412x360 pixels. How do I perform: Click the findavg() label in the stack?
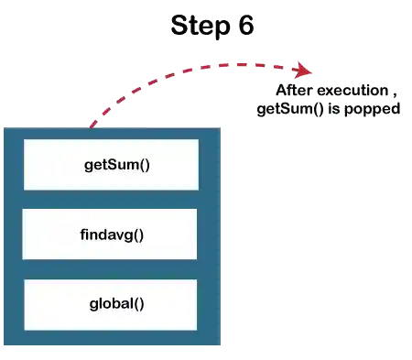[112, 235]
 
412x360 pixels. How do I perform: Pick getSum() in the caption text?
[287, 110]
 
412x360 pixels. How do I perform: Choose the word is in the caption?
[330, 110]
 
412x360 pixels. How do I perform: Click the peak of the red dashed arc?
[215, 62]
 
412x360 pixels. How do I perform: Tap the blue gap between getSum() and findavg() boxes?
[110, 200]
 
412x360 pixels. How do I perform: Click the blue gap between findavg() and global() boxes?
[110, 269]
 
